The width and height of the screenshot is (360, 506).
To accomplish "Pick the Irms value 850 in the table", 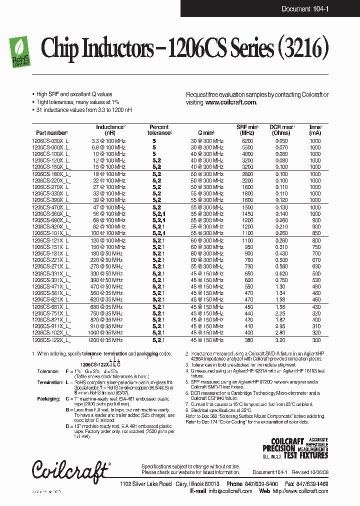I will click(314, 233).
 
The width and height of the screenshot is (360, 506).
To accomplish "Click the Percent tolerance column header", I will click(159, 130).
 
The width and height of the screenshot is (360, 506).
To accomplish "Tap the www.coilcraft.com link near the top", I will click(230, 102).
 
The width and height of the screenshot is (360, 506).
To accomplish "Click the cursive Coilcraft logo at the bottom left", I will click(70, 468).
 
